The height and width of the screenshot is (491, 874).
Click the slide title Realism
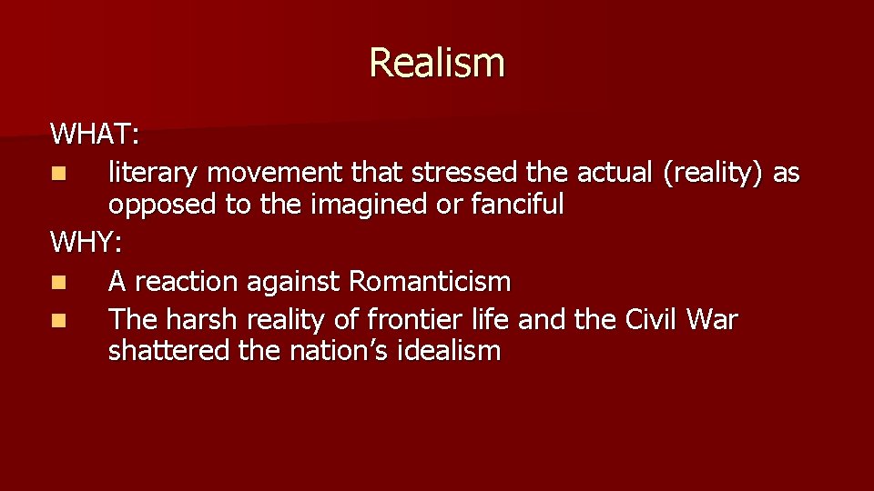436,63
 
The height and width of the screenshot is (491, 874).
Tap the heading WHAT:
95,135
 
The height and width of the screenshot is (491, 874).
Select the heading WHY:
87,243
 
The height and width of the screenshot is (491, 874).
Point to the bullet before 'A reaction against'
58,283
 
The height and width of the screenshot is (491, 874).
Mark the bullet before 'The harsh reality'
58,321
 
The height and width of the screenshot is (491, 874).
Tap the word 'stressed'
466,173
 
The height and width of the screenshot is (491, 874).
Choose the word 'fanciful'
517,204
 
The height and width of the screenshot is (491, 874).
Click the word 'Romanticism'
430,282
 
